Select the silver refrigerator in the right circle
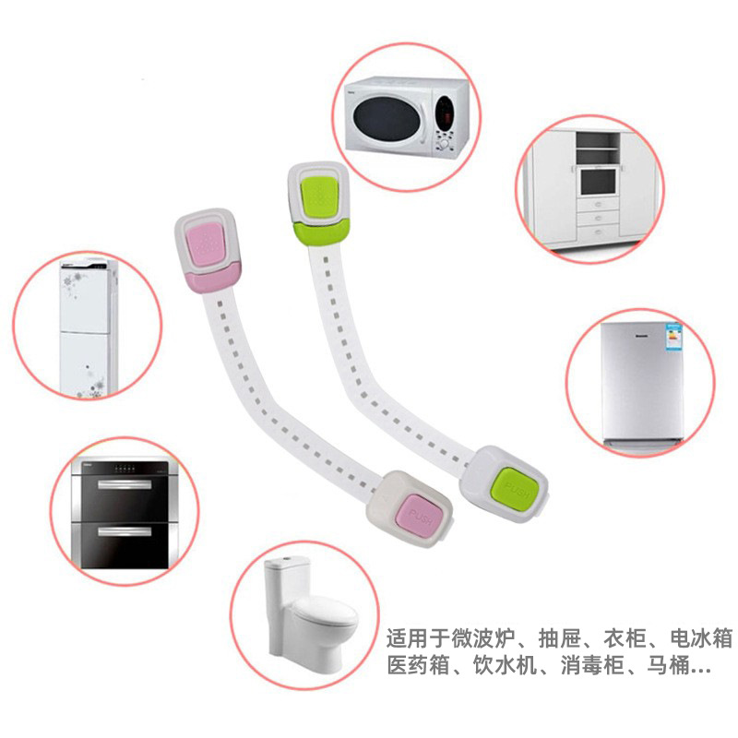[640, 383]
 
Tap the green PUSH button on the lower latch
[514, 488]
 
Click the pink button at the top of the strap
[208, 243]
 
